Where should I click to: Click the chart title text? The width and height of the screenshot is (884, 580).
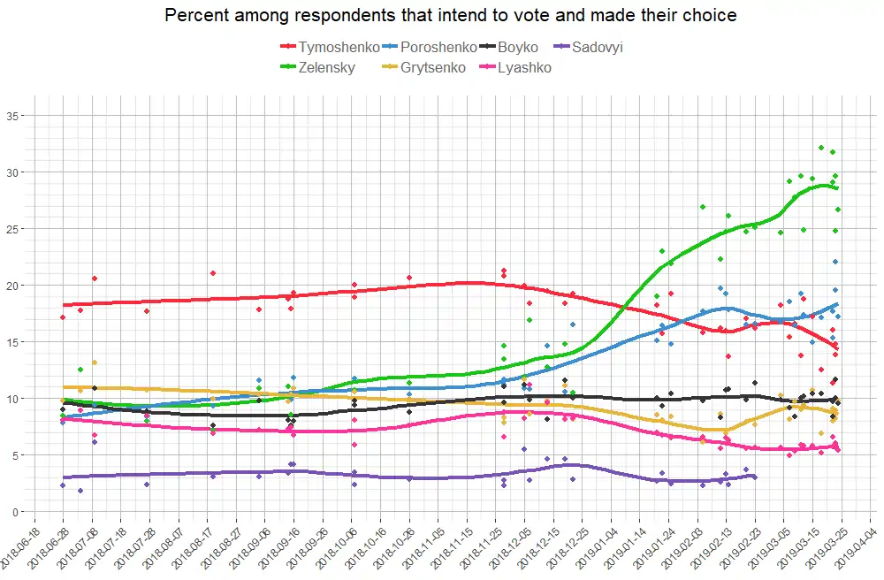(x=451, y=15)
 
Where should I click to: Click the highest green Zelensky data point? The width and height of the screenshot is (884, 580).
(x=821, y=148)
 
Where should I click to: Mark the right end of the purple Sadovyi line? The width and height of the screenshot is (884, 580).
(x=755, y=477)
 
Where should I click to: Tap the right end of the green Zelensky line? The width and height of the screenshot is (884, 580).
(x=837, y=188)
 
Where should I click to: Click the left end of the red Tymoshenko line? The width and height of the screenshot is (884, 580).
(x=65, y=305)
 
